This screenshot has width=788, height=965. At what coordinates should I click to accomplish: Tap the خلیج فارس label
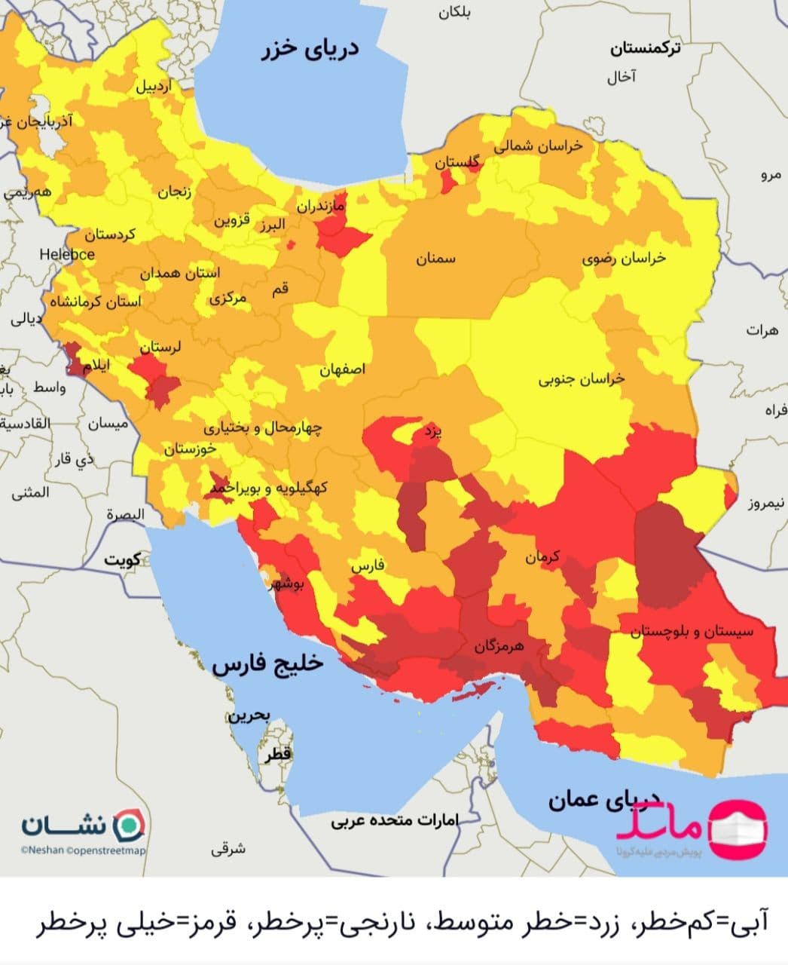click(267, 663)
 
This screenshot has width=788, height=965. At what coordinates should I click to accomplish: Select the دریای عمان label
click(603, 799)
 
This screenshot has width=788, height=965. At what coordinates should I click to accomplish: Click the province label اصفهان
click(343, 369)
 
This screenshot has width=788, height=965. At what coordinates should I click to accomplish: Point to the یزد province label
click(432, 431)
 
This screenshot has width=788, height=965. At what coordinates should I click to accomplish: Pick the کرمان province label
click(543, 558)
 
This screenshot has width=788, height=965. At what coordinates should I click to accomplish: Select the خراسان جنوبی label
click(581, 379)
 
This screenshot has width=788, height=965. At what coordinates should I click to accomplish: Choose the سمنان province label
click(435, 259)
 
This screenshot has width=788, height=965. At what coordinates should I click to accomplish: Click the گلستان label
click(457, 162)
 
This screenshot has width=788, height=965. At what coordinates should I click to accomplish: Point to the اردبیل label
click(153, 86)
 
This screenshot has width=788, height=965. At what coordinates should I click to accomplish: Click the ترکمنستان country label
click(645, 49)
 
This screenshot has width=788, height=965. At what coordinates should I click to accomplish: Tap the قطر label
click(277, 753)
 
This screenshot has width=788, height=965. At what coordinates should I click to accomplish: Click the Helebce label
click(67, 254)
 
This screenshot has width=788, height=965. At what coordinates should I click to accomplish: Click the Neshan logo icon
click(129, 824)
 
